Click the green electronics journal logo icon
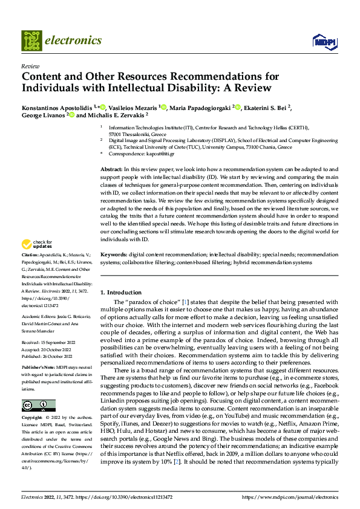click(x=31, y=40)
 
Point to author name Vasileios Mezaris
click(x=131, y=108)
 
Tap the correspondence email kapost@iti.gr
click(x=168, y=155)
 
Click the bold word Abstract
click(x=111, y=169)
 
